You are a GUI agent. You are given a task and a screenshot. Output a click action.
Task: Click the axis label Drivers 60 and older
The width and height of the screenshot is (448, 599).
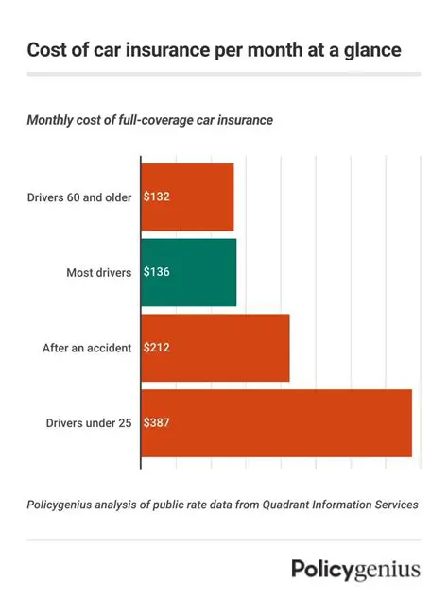tap(79, 197)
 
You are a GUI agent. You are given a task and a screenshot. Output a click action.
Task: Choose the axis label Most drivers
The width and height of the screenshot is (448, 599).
tap(99, 272)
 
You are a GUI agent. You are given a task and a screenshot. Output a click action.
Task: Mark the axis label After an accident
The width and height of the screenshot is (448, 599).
tap(87, 348)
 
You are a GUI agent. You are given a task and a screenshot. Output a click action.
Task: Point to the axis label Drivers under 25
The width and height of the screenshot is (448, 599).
tap(89, 422)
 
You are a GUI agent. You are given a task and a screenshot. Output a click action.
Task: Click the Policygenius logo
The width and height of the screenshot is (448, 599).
tap(355, 569)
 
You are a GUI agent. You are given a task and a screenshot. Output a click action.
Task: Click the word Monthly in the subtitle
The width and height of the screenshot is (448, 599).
tap(56, 120)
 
